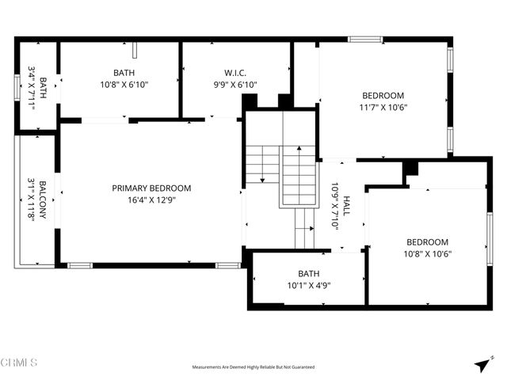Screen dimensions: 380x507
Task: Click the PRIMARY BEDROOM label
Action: coord(151,188)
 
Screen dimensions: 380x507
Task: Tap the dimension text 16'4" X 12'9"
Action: coord(151,201)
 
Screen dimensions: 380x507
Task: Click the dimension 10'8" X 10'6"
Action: coord(428,255)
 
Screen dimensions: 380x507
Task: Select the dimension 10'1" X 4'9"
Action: coord(308,286)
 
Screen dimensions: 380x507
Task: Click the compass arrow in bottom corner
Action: coord(482,364)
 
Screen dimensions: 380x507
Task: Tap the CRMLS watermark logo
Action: coord(19,363)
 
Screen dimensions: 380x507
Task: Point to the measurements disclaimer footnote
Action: coord(253,367)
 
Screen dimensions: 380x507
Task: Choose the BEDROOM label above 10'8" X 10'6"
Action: coord(428,242)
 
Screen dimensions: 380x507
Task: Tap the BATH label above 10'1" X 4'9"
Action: coord(308,273)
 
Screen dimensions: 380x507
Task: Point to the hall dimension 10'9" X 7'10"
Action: coord(335,205)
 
